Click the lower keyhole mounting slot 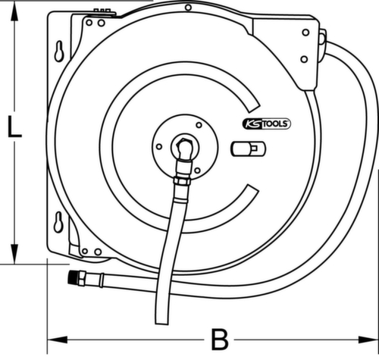[58, 222]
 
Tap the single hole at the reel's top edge [188, 8]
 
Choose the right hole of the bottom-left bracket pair [97, 251]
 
